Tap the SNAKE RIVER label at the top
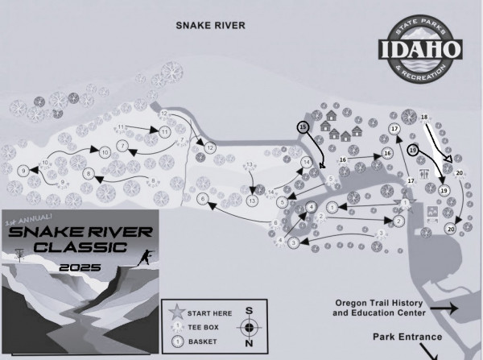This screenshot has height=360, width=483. click(x=210, y=25)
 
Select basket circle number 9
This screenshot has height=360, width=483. click(x=24, y=171)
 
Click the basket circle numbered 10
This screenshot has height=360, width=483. click(x=105, y=151)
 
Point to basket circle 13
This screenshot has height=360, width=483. click(x=252, y=200)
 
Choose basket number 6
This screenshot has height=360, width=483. click(x=203, y=198)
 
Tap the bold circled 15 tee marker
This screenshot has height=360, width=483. click(x=303, y=127)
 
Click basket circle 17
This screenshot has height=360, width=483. click(x=394, y=129)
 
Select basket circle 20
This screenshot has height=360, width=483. click(x=450, y=230)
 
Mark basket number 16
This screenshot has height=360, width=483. click(x=387, y=153)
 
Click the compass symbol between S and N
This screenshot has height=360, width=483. click(x=250, y=327)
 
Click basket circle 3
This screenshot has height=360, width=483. click(x=294, y=242)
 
